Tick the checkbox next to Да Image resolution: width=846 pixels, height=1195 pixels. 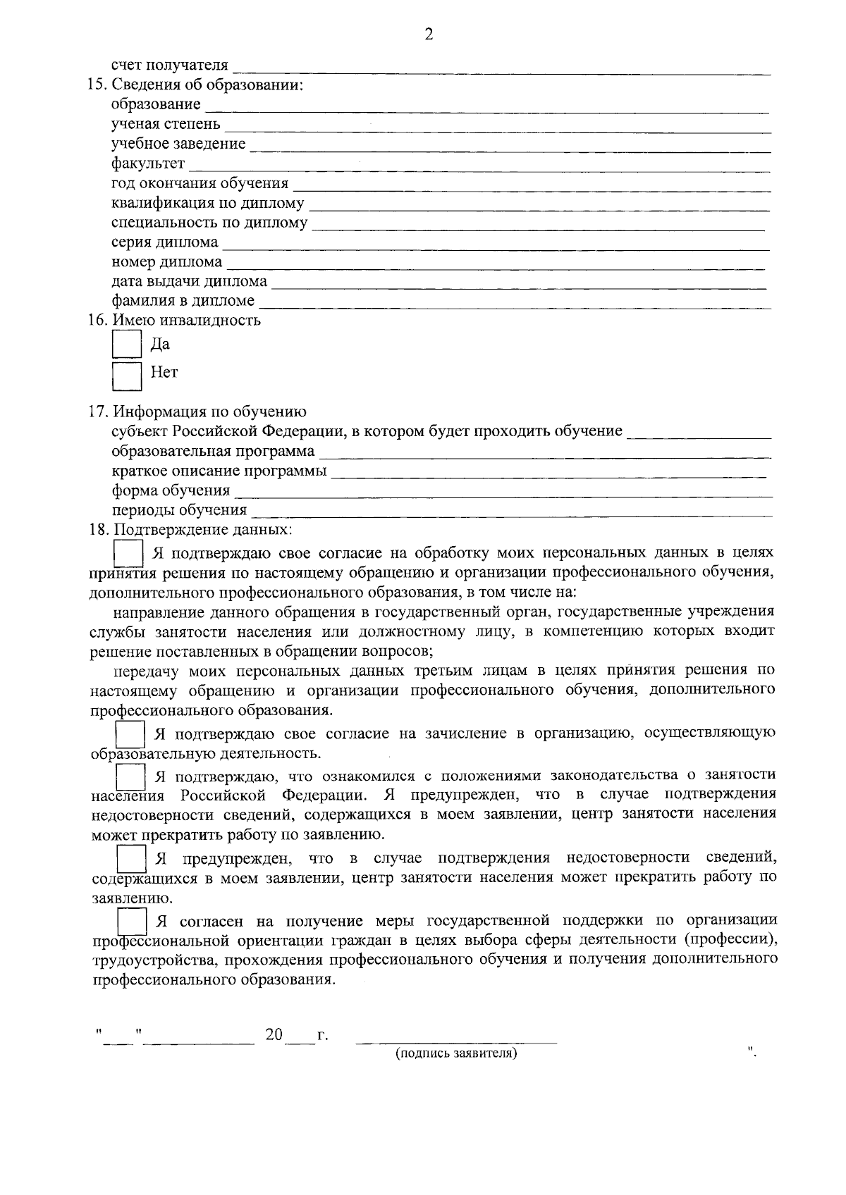(x=128, y=345)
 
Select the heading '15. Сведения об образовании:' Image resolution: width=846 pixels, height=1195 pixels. (x=195, y=85)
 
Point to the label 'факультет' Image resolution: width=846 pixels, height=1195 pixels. (x=148, y=164)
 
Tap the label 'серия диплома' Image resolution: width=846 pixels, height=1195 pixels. (x=165, y=242)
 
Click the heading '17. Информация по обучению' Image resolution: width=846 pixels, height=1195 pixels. (x=197, y=411)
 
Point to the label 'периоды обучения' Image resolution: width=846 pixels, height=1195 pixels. (x=179, y=510)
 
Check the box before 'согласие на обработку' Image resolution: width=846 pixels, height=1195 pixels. (x=129, y=552)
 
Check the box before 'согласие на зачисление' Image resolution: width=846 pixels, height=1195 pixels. (x=130, y=734)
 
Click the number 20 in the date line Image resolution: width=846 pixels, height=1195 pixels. (x=274, y=1035)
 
